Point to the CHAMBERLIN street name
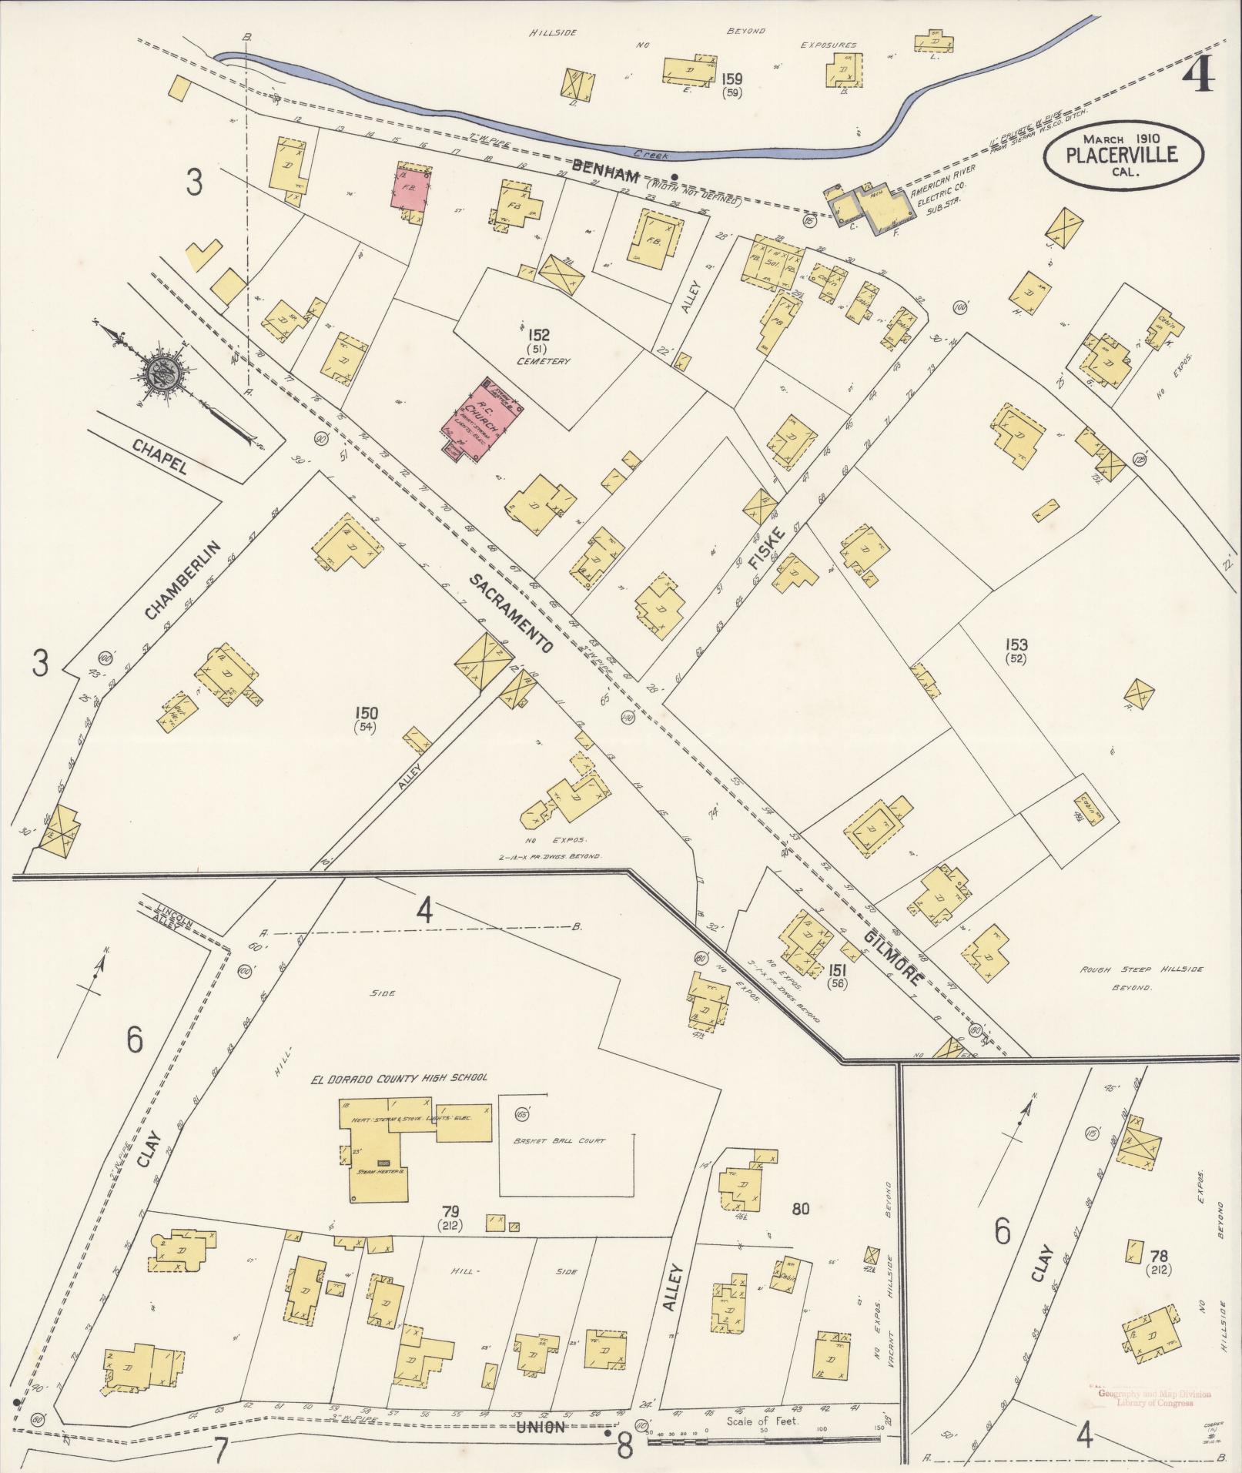(x=182, y=580)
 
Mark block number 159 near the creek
(x=731, y=78)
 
